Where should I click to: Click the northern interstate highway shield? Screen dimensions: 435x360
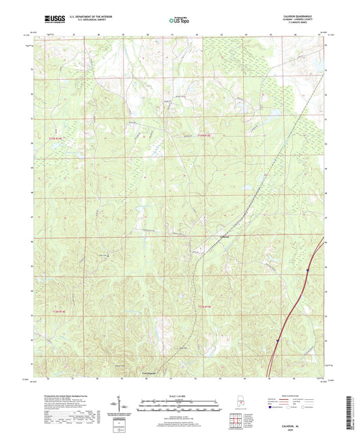coord(307,272)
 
